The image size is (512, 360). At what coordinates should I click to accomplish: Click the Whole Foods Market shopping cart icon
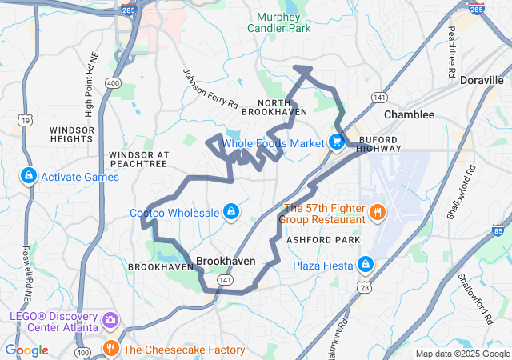(x=337, y=143)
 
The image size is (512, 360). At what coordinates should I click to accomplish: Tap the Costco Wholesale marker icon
(x=230, y=212)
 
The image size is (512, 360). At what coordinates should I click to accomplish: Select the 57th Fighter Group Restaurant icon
(x=377, y=213)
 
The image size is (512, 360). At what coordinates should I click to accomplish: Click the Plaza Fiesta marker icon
(x=366, y=264)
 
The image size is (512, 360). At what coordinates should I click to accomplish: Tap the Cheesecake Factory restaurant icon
(x=110, y=349)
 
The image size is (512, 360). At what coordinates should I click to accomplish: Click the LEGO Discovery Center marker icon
(x=110, y=321)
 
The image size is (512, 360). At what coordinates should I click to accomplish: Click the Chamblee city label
(x=409, y=114)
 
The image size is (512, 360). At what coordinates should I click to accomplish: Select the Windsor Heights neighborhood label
(x=72, y=134)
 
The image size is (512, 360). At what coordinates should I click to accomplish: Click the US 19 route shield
(x=26, y=119)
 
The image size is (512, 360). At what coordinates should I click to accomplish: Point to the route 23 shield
(x=366, y=287)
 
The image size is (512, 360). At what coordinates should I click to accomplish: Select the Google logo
(x=27, y=350)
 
